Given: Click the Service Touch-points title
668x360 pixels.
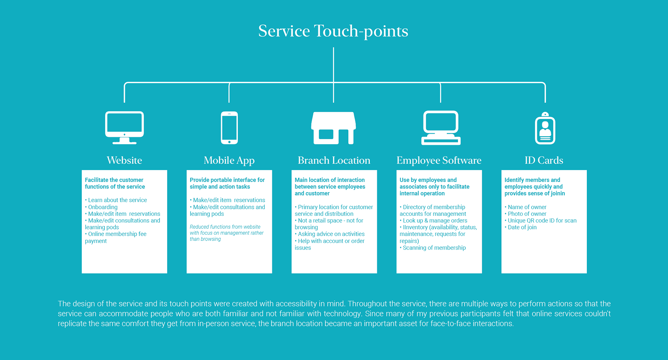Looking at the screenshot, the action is pos(333,31).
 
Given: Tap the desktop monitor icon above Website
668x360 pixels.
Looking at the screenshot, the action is pos(125,127).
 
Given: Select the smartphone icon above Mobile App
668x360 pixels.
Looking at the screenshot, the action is pos(229,128).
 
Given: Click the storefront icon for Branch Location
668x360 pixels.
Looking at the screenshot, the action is pos(333,128).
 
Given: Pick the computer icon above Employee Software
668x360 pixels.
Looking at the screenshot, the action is pos(441,127).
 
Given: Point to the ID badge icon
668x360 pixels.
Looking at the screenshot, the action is pos(545,128).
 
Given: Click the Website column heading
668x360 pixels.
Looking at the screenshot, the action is pos(124,160).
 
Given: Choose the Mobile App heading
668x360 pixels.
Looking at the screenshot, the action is pos(229,161).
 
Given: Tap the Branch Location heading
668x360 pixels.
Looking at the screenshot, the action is pos(334,160).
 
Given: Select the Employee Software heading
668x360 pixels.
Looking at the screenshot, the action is pos(439,161).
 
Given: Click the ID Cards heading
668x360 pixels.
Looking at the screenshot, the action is pos(544,160).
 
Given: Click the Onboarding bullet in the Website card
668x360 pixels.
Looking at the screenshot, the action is pos(101,207).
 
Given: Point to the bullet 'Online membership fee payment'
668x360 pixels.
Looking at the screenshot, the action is pos(116,237).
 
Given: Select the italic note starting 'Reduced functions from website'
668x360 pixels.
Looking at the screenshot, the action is pos(226,233).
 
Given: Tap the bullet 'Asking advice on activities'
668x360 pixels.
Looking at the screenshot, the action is pos(329,234).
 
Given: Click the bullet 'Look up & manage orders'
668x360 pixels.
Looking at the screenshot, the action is pos(434,220).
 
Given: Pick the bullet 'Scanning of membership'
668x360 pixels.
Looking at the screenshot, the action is pos(433,248).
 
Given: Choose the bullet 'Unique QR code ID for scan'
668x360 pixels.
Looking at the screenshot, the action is pos(541,220).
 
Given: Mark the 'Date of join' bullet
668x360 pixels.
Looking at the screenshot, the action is pos(520,227).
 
